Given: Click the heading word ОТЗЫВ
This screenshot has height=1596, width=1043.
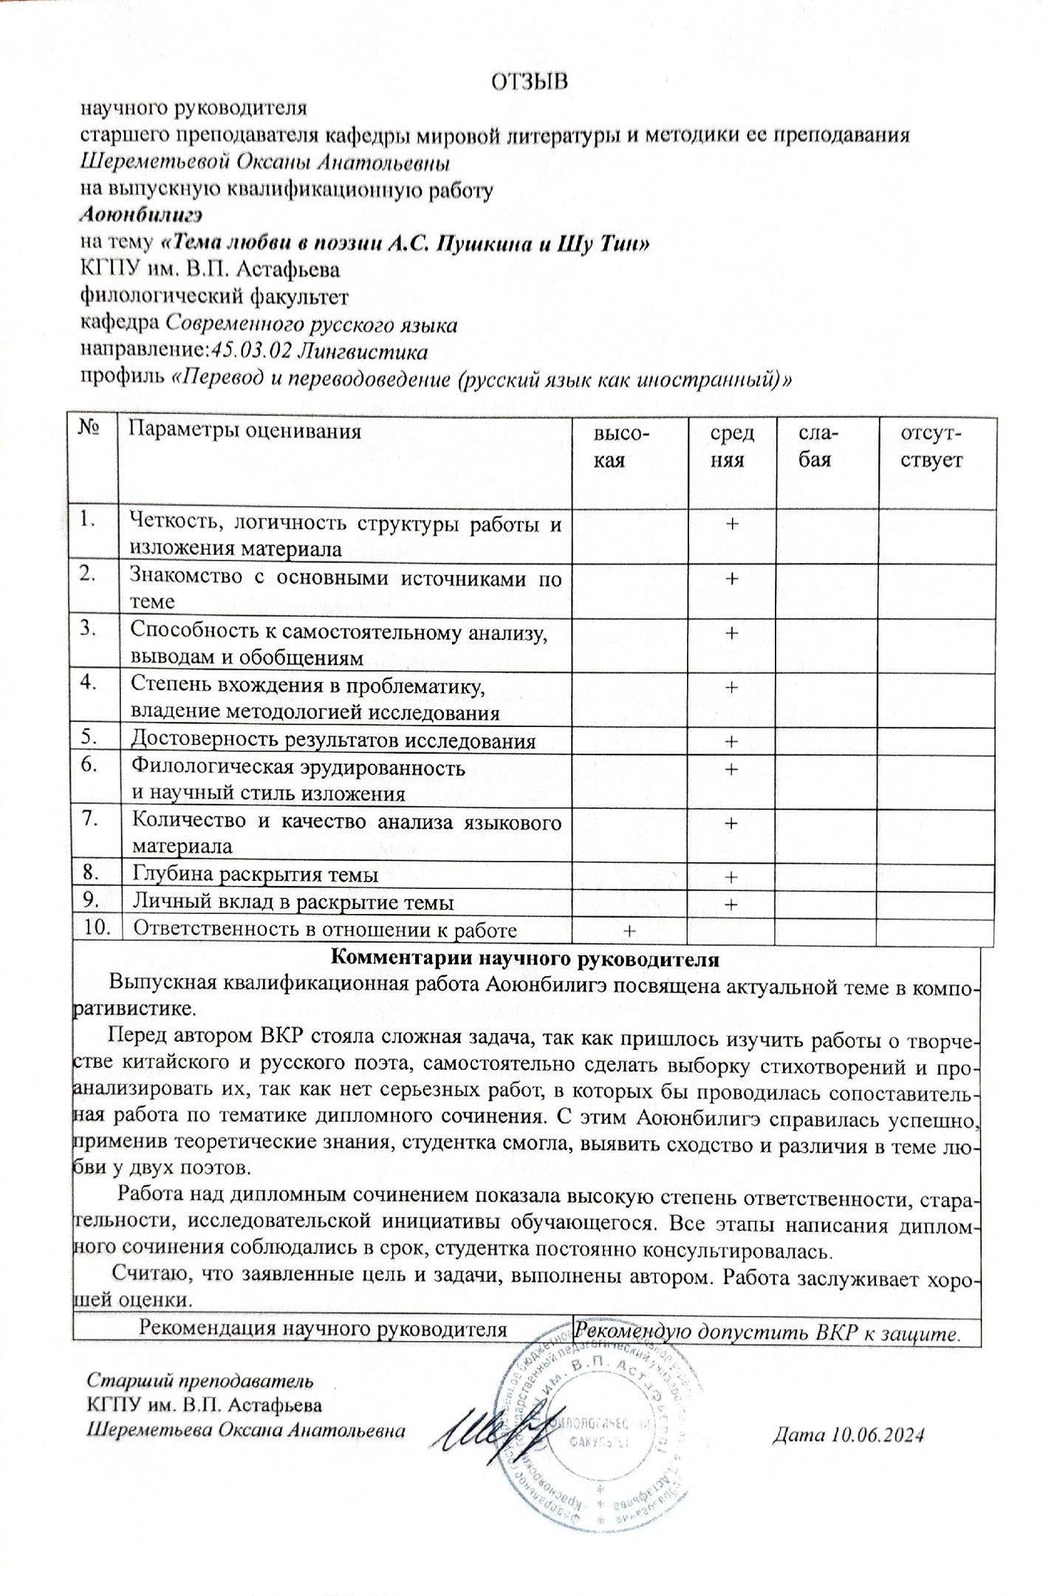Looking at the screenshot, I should [530, 81].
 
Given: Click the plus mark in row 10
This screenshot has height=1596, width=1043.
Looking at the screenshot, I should [629, 931].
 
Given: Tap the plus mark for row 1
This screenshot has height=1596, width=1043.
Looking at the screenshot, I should [731, 523].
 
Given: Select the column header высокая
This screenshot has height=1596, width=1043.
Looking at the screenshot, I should [622, 446].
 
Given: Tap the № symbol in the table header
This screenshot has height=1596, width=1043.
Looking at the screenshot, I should [90, 430].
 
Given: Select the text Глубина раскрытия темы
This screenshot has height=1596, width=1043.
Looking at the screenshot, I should [255, 875].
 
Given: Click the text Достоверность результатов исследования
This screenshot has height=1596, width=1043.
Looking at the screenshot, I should [333, 740].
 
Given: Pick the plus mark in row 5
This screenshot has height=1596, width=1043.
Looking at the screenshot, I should [731, 741].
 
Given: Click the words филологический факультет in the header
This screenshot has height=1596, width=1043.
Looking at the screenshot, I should [214, 297].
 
